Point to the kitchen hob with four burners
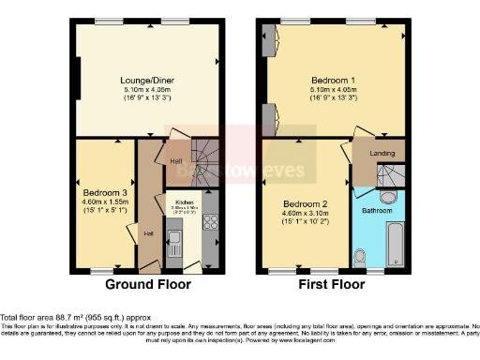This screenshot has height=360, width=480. [209, 223]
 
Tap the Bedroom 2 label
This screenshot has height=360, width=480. [303, 203]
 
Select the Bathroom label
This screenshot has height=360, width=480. [378, 212]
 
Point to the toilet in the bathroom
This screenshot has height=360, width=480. [361, 253]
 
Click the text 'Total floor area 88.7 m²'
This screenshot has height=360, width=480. [56, 317]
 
